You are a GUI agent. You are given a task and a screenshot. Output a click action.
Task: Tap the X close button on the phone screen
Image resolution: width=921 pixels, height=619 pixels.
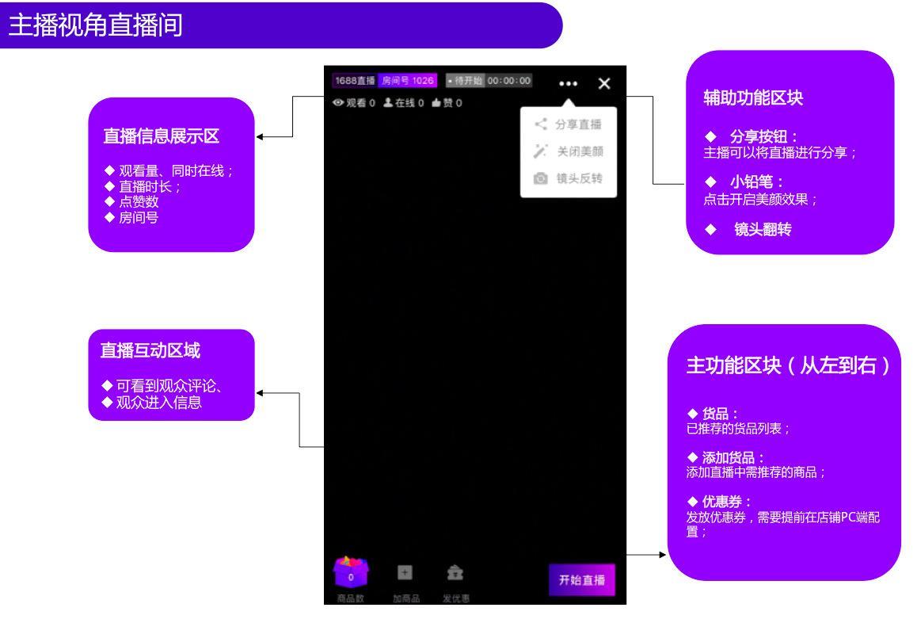[x=604, y=83]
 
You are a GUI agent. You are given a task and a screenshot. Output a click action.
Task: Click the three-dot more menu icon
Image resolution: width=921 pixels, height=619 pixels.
[x=568, y=83]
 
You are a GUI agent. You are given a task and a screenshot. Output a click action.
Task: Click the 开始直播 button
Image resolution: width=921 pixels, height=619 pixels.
[x=581, y=580]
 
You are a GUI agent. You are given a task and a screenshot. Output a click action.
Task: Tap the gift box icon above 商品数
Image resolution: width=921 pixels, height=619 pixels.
[x=352, y=571]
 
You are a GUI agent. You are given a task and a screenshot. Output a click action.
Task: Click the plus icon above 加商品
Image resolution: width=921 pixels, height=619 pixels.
[x=404, y=571]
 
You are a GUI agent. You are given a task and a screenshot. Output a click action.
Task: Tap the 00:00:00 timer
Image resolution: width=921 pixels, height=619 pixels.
[x=510, y=81]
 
